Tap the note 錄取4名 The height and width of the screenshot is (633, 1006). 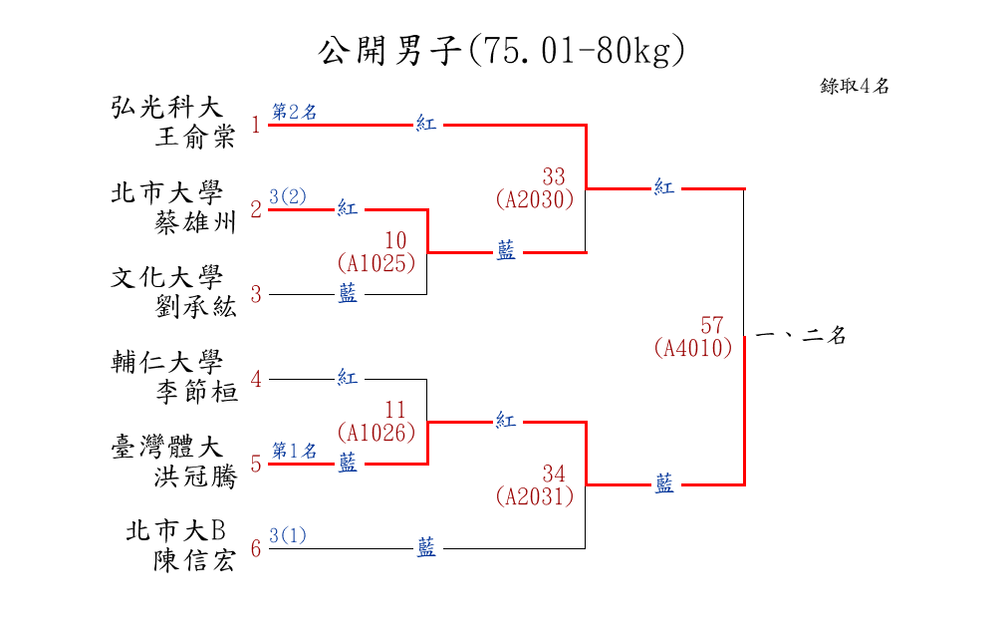[854, 87]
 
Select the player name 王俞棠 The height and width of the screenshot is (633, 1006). [195, 138]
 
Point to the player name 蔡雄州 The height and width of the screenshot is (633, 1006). [195, 222]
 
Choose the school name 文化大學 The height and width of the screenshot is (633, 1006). [166, 277]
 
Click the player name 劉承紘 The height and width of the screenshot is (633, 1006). [195, 307]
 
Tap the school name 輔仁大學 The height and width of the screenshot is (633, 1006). [166, 362]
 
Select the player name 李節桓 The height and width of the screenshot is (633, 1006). [195, 392]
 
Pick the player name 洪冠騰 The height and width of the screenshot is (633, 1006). [195, 476]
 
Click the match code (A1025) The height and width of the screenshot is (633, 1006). [376, 263]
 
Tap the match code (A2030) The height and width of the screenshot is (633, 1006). [535, 199]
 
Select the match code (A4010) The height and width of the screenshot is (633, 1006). [693, 348]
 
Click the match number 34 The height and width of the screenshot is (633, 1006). [554, 473]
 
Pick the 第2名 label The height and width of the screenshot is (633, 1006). [295, 113]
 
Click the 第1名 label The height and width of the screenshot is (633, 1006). [295, 451]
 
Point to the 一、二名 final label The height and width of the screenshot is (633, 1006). [801, 337]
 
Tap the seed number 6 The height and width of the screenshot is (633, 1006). [256, 548]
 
